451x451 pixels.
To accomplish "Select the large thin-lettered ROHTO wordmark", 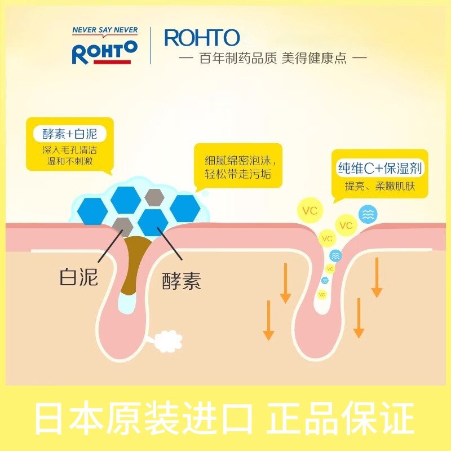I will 202,38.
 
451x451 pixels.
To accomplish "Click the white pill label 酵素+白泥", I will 70,134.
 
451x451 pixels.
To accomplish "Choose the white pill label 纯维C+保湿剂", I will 379,168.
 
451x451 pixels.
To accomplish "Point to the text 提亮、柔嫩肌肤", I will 379,186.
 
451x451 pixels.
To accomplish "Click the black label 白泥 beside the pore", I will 78,276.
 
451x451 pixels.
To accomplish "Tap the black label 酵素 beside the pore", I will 181,281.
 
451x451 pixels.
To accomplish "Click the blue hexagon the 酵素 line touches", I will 152,222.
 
